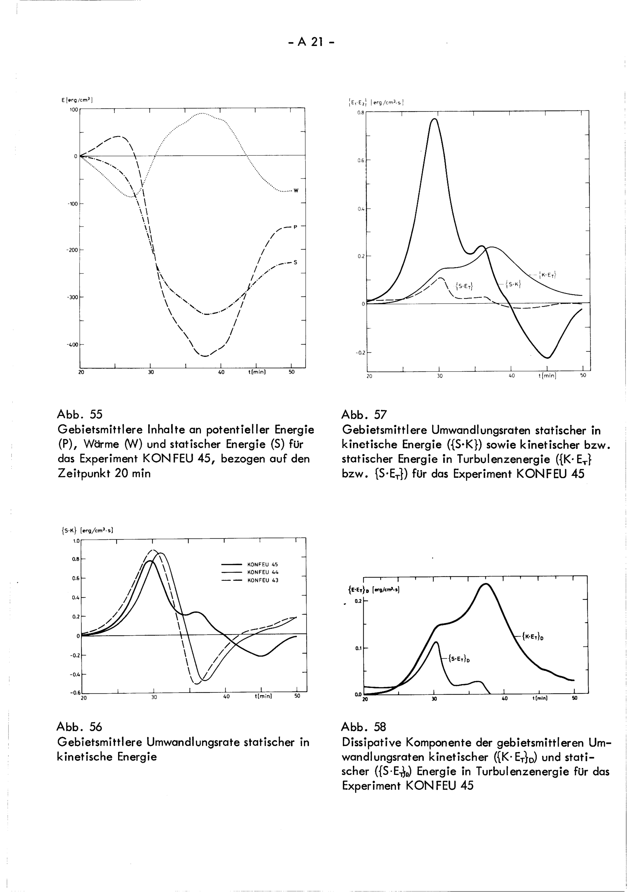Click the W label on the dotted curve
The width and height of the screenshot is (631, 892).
tap(296, 191)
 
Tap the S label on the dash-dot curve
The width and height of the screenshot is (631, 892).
tap(295, 262)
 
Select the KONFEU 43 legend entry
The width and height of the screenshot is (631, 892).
tap(263, 580)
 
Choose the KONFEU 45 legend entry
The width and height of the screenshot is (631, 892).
tap(263, 565)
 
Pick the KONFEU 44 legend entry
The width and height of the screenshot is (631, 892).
tap(263, 572)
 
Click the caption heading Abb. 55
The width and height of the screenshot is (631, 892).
tap(80, 414)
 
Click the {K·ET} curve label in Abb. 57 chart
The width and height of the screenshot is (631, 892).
tap(548, 275)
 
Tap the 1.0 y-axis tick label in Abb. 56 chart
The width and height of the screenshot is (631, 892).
tap(75, 541)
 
